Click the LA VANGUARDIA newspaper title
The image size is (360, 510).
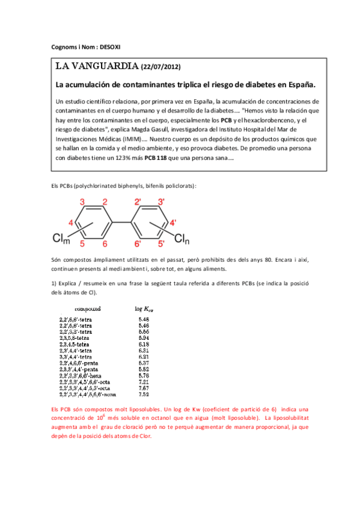(96, 66)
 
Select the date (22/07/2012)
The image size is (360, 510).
(160, 67)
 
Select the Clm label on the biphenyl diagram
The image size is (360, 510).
(62, 239)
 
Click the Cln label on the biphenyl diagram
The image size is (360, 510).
(182, 239)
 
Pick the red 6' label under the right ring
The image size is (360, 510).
(138, 244)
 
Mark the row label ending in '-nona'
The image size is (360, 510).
(88, 395)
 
